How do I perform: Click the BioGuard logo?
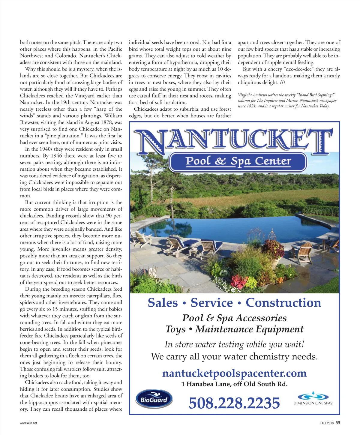pos(154,399)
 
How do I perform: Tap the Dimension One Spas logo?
pos(313,399)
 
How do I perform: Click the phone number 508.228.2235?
pos(234,403)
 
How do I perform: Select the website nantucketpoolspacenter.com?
pos(234,373)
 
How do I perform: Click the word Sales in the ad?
pos(163,302)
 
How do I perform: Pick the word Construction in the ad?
pos(283,302)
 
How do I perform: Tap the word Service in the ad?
pos(211,302)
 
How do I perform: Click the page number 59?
pos(338,423)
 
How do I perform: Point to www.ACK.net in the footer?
pos(28,423)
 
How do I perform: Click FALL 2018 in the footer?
pos(327,423)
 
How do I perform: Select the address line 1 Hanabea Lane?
pos(234,384)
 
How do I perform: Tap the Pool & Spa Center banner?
pos(238,161)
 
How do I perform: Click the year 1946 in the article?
pos(56,156)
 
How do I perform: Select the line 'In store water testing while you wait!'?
pos(234,344)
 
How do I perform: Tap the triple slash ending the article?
pos(282,82)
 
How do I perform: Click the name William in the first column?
pos(113,116)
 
